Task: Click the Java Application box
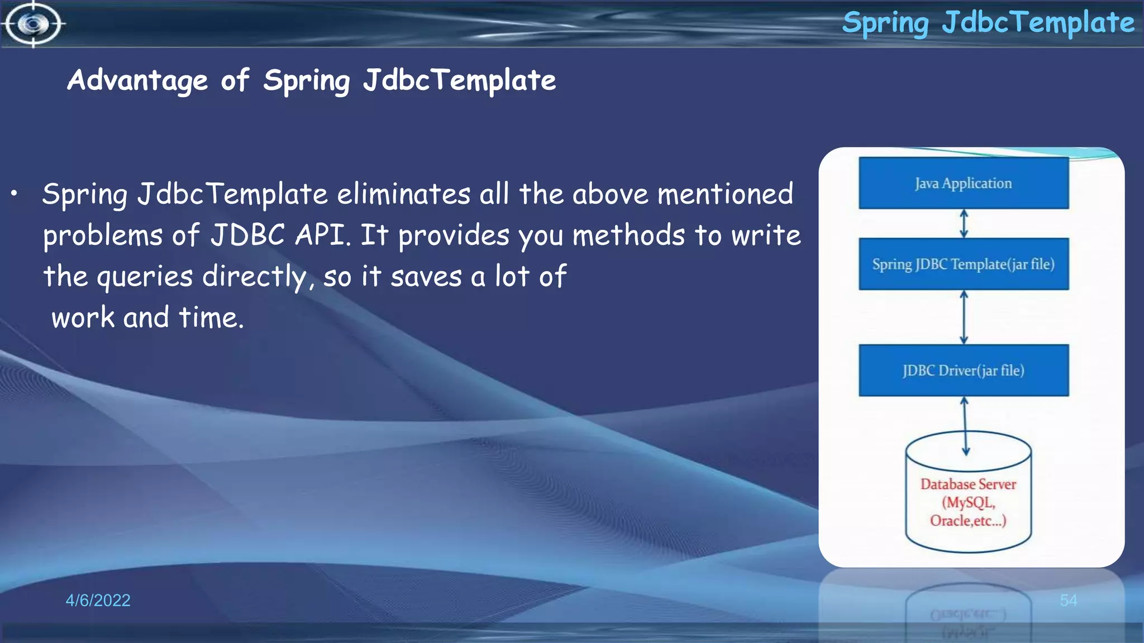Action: pyautogui.click(x=964, y=183)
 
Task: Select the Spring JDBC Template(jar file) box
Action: pyautogui.click(x=964, y=264)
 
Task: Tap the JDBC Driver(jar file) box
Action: pyautogui.click(x=964, y=371)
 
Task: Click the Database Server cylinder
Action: pyautogui.click(x=968, y=497)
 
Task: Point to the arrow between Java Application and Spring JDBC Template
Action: pyautogui.click(x=964, y=223)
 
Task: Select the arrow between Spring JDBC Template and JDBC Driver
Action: pyautogui.click(x=964, y=317)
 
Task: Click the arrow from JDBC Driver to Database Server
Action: pyautogui.click(x=965, y=425)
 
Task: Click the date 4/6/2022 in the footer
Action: pyautogui.click(x=98, y=600)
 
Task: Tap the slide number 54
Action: pyautogui.click(x=1068, y=600)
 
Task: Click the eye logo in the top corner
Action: pyautogui.click(x=33, y=24)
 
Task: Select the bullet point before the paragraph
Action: pyautogui.click(x=14, y=194)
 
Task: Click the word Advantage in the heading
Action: pyautogui.click(x=137, y=80)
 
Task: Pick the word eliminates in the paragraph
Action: pyautogui.click(x=403, y=194)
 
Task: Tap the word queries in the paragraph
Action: pyautogui.click(x=145, y=277)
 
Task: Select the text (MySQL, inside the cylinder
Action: pyautogui.click(x=968, y=502)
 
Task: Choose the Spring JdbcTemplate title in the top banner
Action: pyautogui.click(x=988, y=23)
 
